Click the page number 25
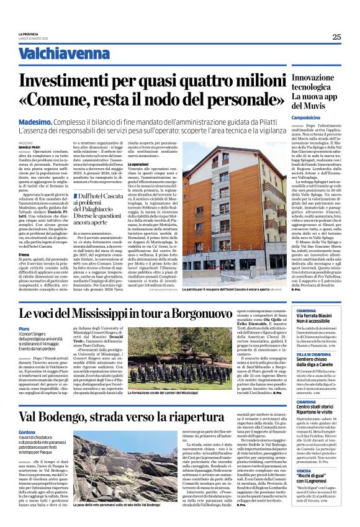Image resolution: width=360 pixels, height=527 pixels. click(x=336, y=37)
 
